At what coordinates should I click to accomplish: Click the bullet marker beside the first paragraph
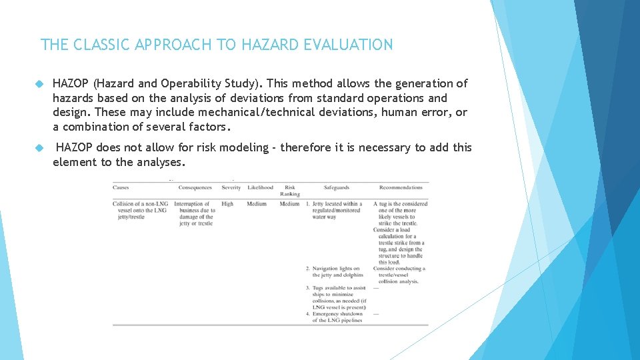[39, 84]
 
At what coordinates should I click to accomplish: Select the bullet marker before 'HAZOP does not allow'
[39, 148]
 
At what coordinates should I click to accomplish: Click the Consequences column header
[195, 188]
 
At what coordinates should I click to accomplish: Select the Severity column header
[231, 188]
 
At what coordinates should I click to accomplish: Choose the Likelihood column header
[260, 188]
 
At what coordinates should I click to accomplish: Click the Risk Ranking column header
[290, 191]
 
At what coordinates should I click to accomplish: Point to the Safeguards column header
[337, 188]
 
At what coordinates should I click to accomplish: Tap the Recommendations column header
[401, 188]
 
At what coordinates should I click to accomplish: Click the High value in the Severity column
[227, 204]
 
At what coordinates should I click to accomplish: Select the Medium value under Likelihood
[257, 204]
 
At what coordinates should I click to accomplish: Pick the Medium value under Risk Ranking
[289, 204]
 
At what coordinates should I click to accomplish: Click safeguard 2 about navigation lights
[337, 272]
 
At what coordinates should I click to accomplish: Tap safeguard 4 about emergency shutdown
[337, 317]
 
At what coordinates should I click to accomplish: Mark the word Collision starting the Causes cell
[124, 204]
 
